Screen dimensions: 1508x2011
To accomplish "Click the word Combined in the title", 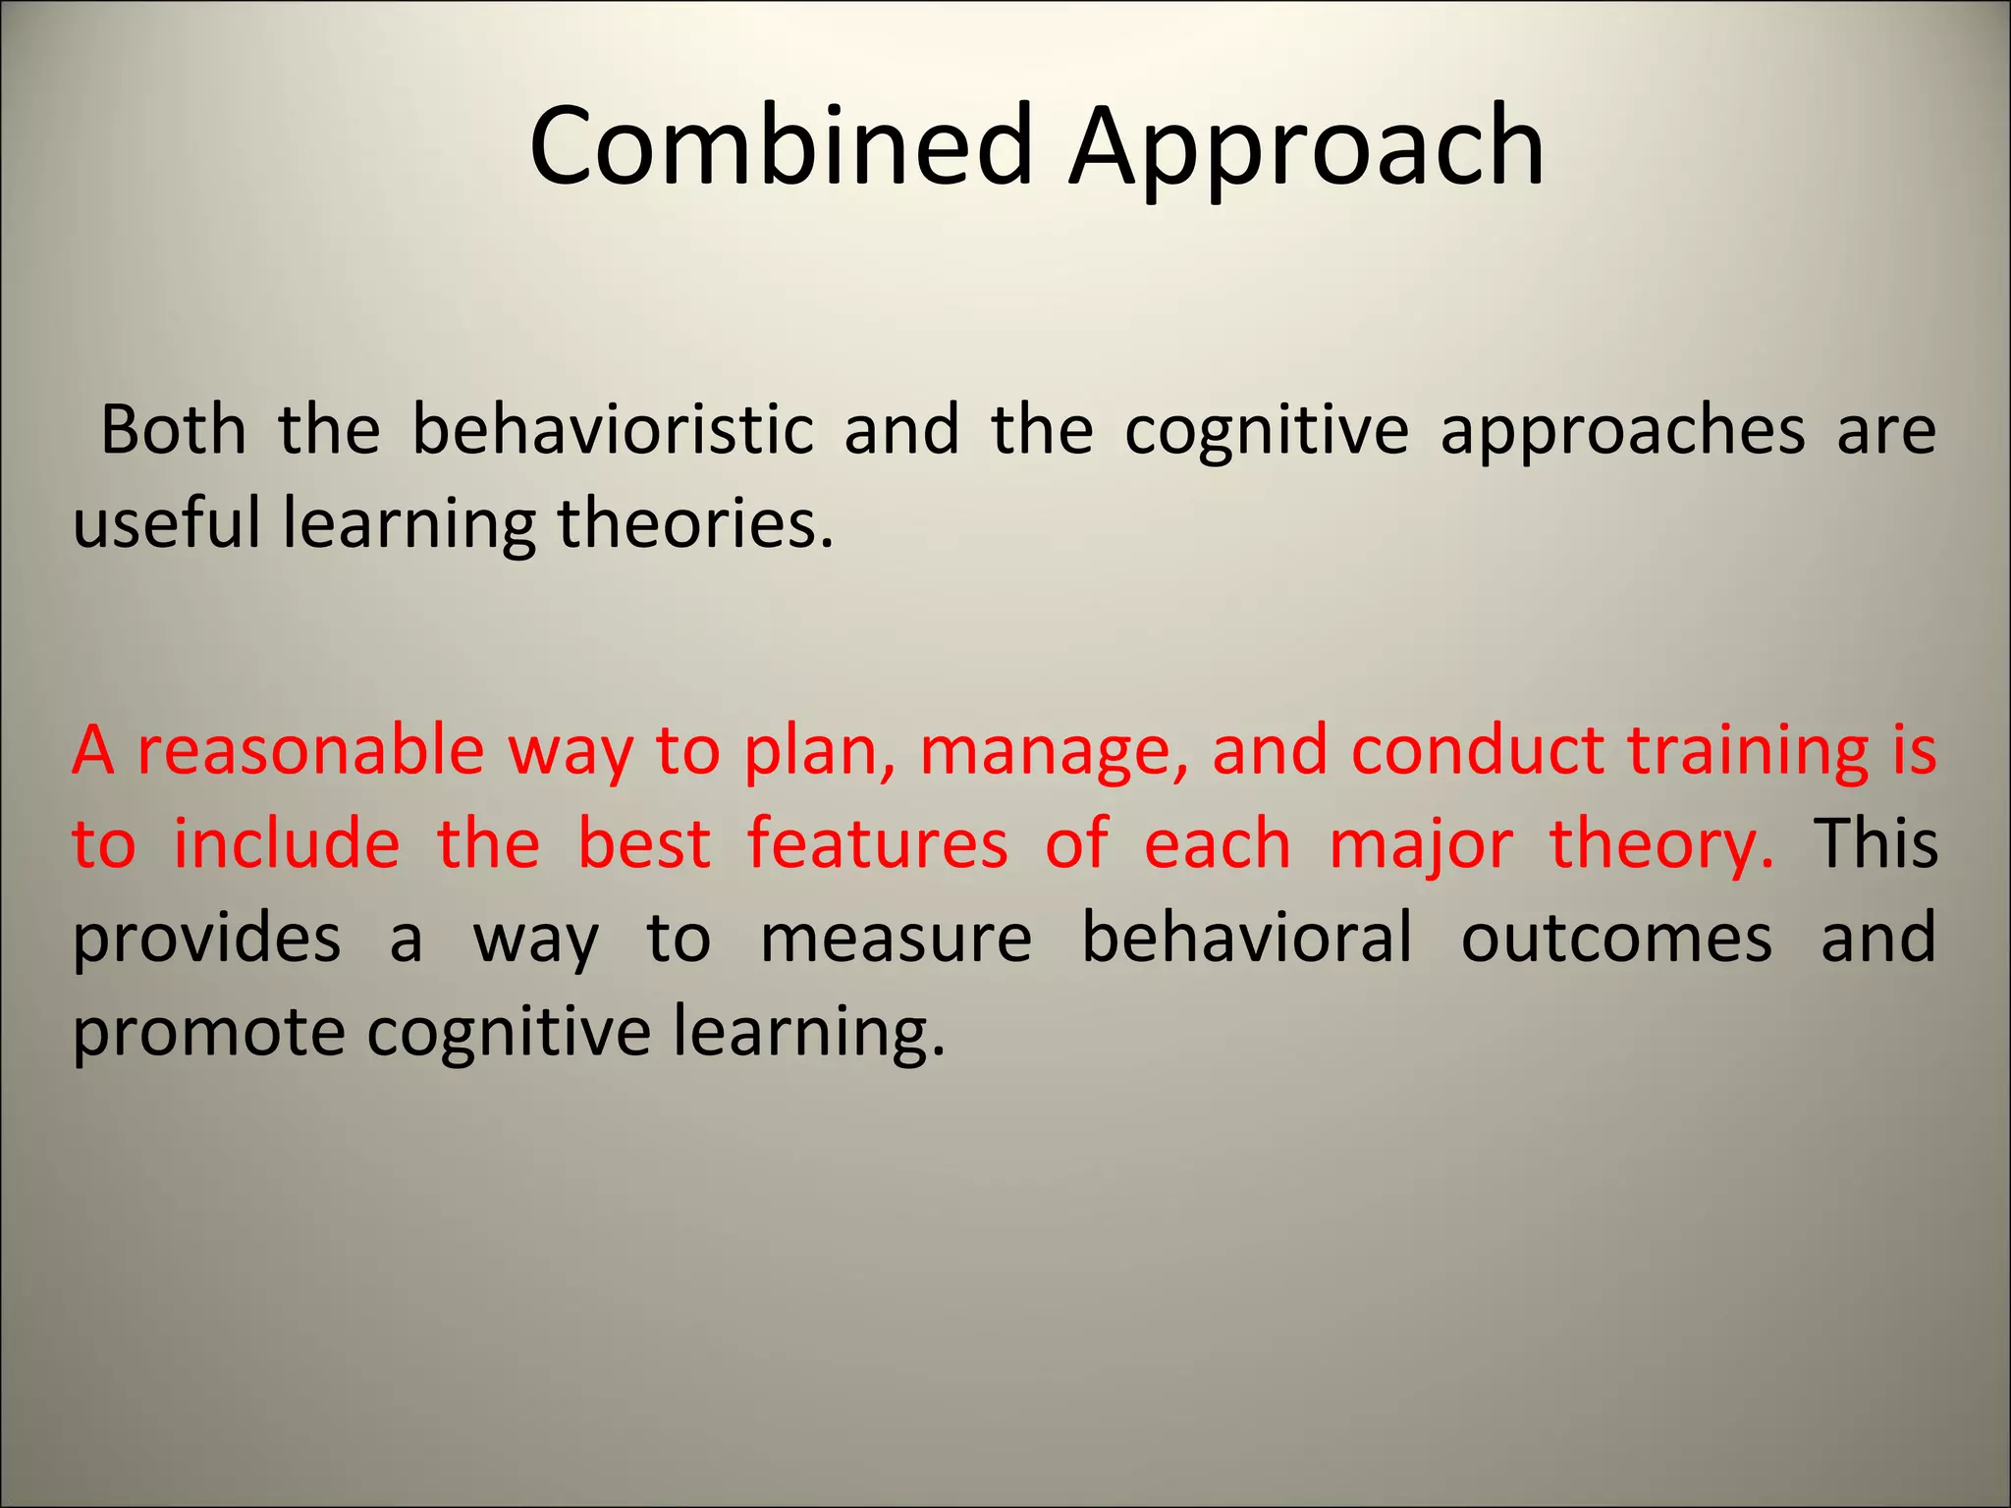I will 781,147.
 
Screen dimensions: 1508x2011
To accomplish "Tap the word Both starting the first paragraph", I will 173,430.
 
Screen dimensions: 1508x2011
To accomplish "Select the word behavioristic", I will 613,430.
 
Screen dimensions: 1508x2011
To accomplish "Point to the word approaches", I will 1621,430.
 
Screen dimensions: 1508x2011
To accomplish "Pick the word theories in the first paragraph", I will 695,522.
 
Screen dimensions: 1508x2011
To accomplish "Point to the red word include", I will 287,844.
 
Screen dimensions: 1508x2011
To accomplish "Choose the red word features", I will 877,844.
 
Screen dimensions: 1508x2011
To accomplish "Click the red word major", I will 1421,844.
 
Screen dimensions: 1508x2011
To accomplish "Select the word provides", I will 207,939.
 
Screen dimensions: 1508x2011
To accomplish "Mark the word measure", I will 896,939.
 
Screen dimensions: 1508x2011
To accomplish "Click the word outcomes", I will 1616,939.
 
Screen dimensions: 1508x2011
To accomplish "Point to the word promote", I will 208,1031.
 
